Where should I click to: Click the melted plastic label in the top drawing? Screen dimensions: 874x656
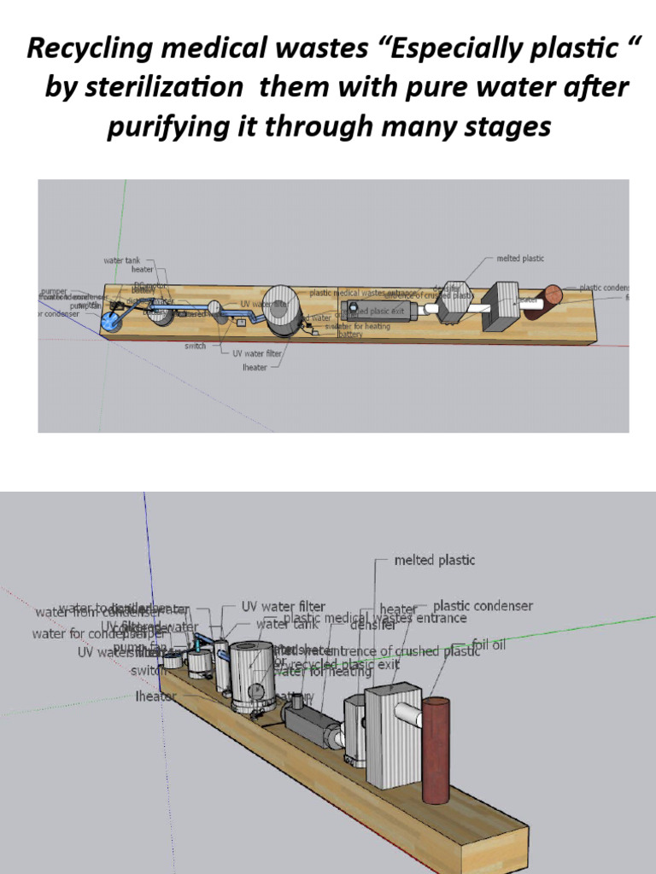click(x=520, y=258)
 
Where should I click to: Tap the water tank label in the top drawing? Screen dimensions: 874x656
click(x=122, y=259)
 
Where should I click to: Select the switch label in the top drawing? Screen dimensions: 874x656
click(x=195, y=347)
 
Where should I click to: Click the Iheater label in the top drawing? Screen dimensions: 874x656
click(x=255, y=367)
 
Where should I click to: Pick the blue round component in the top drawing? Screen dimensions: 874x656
click(x=111, y=322)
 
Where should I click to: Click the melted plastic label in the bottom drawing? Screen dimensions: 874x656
click(x=434, y=561)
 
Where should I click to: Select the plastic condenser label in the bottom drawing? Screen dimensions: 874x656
click(x=483, y=606)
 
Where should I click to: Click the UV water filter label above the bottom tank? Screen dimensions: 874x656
click(x=283, y=606)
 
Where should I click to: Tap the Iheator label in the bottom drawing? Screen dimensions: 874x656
click(x=155, y=696)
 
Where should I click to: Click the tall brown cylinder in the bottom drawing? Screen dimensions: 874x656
click(x=435, y=751)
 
